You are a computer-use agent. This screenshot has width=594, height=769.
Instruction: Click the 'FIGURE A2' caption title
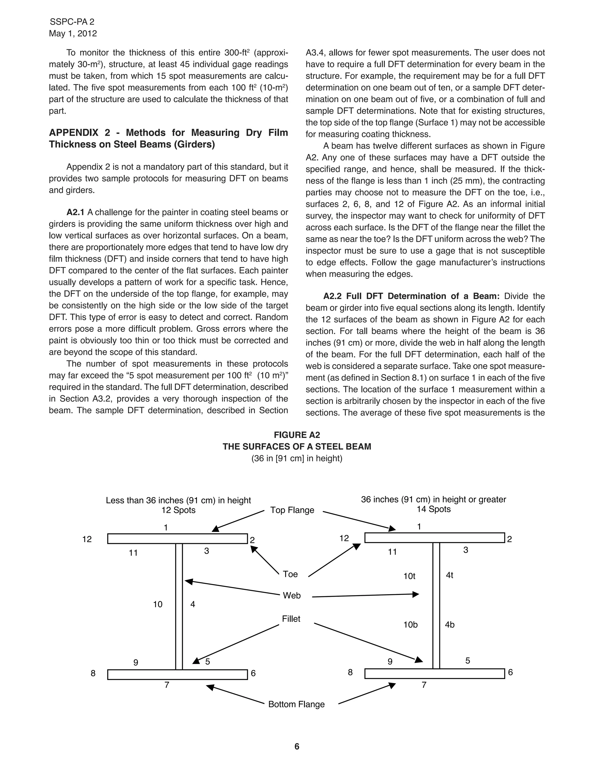tap(297, 435)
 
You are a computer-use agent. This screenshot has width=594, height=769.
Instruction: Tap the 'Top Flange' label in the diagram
tap(292, 510)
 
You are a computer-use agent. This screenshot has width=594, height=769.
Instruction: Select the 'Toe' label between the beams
tap(290, 574)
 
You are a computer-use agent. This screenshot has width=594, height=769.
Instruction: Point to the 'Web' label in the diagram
tap(292, 595)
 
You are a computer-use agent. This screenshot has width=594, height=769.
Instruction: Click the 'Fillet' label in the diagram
tap(291, 619)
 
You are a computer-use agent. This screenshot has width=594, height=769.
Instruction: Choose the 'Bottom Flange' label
tap(296, 704)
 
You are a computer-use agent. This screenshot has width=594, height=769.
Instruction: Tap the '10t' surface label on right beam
tap(409, 576)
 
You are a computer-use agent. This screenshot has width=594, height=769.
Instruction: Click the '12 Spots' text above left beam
tap(178, 510)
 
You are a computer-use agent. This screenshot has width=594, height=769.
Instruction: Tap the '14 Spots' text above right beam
tap(434, 509)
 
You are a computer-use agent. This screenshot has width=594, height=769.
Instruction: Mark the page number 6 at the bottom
tap(297, 746)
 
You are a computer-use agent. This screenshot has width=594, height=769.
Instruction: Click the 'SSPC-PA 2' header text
tap(72, 22)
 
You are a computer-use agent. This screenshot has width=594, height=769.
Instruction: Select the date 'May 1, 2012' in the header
tap(73, 33)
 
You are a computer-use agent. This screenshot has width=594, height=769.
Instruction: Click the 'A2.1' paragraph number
tap(76, 212)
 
